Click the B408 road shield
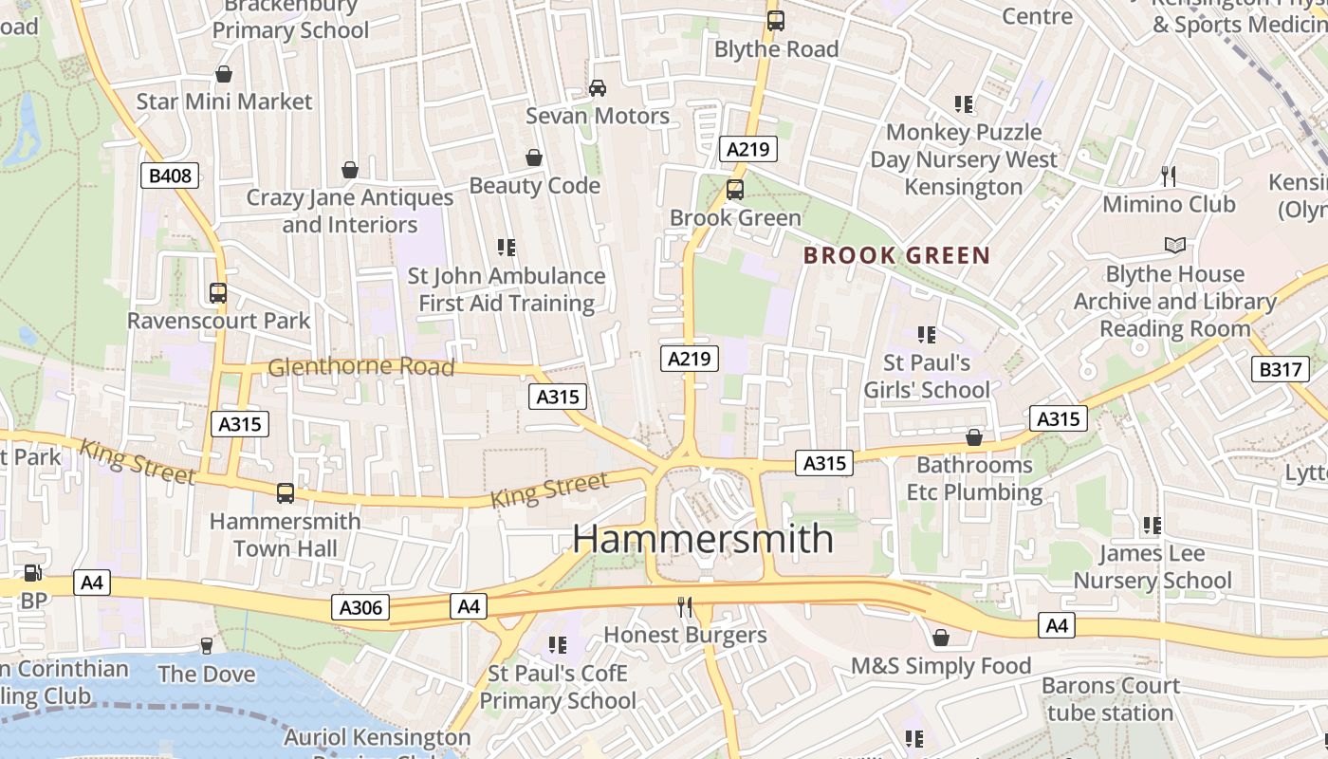(170, 175)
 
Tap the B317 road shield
(1280, 369)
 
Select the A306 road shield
(360, 607)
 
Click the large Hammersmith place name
(703, 539)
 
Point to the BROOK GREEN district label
(896, 255)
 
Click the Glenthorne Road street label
(361, 366)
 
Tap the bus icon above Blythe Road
(776, 20)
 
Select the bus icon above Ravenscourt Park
(218, 293)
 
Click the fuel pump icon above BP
(33, 573)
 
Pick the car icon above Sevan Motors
(598, 88)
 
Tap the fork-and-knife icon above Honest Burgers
(685, 607)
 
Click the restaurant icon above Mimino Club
(1169, 176)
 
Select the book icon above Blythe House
(1175, 246)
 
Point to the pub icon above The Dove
(207, 646)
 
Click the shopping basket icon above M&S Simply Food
(940, 638)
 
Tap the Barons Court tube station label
(1110, 699)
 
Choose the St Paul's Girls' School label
(927, 376)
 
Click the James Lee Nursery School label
(1153, 566)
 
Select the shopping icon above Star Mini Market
(224, 74)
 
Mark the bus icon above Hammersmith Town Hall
(285, 493)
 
